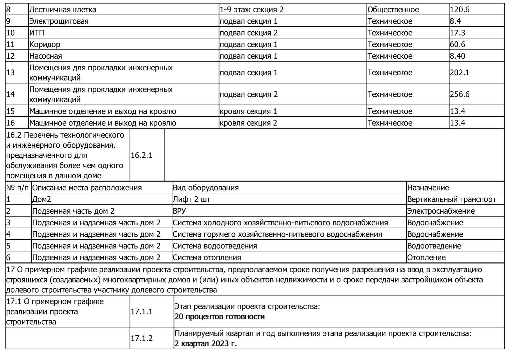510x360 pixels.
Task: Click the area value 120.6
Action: point(460,9)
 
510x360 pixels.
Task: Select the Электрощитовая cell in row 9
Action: point(59,21)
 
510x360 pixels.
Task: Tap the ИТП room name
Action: point(37,33)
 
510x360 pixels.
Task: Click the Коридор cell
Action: point(45,45)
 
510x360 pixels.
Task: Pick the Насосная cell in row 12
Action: point(46,56)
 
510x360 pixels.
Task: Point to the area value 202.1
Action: point(460,72)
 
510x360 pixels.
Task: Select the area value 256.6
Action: point(460,94)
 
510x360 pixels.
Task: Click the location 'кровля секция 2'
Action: point(248,123)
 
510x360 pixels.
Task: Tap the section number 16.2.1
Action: point(141,155)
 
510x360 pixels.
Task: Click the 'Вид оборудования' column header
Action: point(205,188)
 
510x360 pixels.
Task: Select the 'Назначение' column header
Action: point(428,188)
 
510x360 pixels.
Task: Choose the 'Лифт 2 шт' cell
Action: point(191,199)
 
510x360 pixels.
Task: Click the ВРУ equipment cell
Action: point(179,211)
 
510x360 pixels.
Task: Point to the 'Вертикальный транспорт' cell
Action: point(451,199)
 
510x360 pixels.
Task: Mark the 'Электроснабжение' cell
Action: point(441,211)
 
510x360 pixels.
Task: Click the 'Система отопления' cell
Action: point(207,258)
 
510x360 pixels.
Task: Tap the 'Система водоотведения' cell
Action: point(215,246)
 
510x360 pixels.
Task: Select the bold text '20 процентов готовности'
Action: point(219,317)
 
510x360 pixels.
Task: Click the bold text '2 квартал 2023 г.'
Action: point(205,344)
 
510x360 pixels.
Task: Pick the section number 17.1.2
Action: point(141,338)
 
